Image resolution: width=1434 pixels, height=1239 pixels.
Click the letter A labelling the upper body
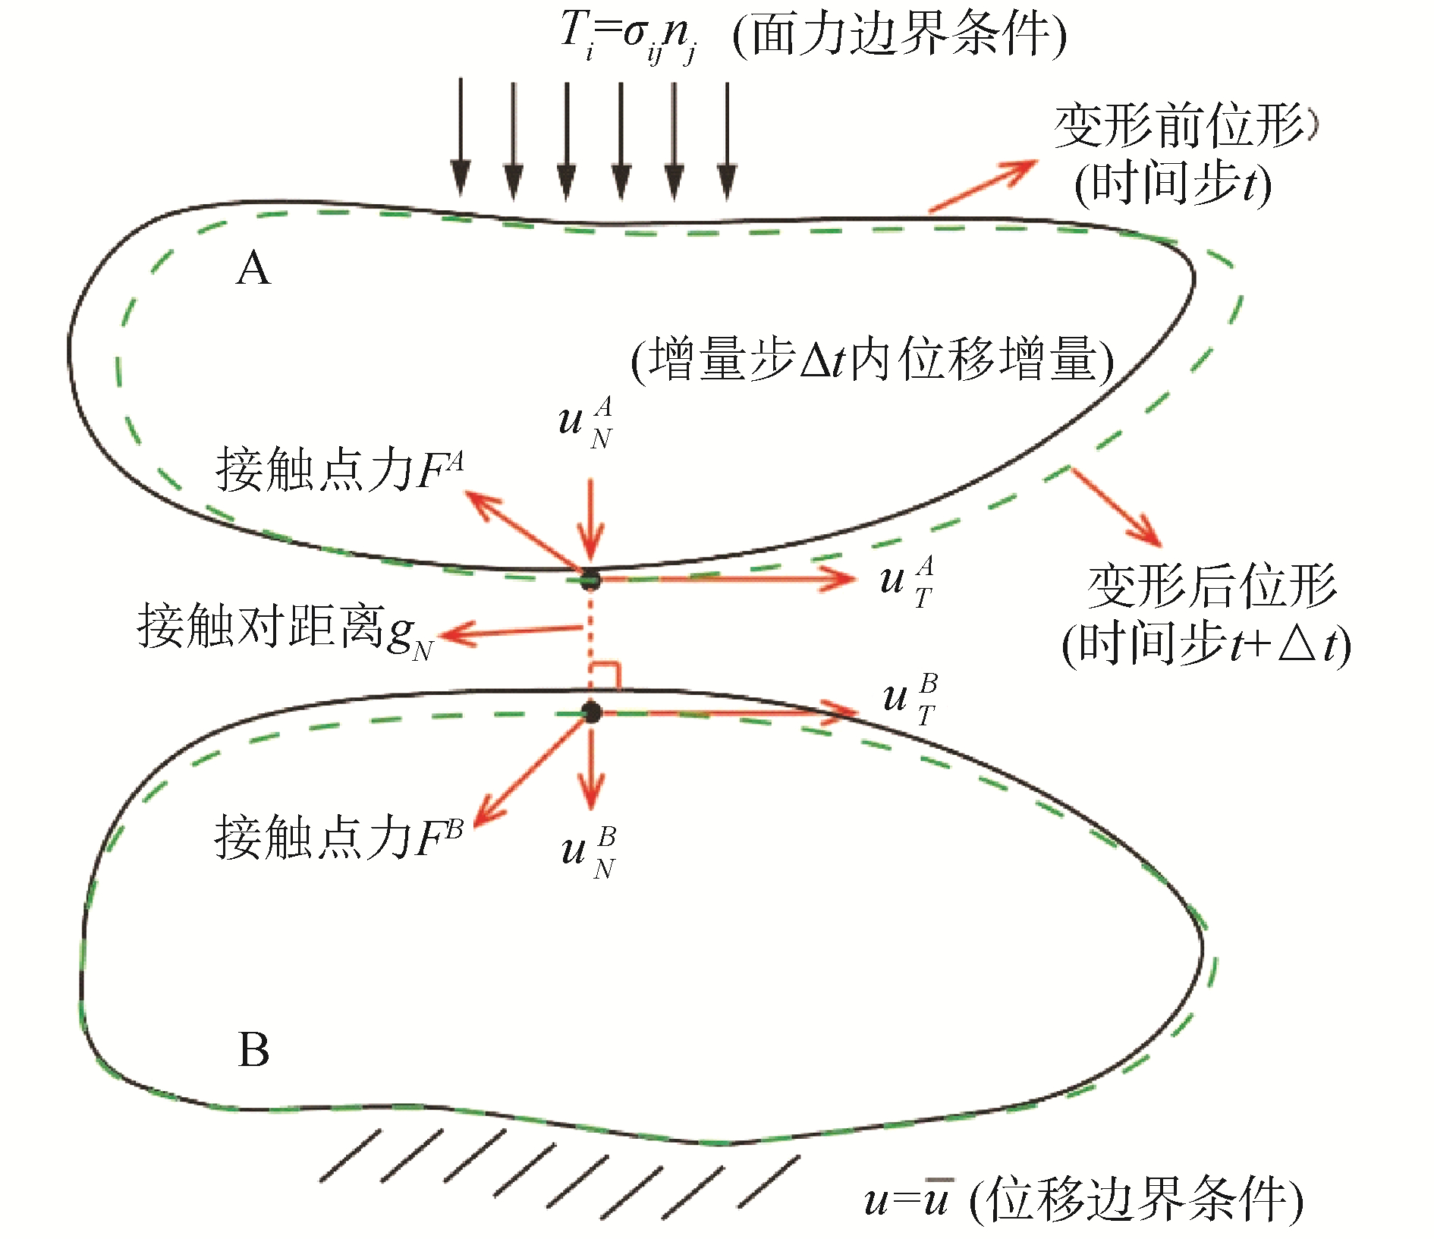pyautogui.click(x=253, y=269)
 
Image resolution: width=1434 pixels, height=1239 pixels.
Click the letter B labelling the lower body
pyautogui.click(x=253, y=1050)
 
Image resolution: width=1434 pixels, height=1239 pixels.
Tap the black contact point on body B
pyautogui.click(x=591, y=712)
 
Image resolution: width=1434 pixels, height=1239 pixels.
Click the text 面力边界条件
pyautogui.click(x=900, y=35)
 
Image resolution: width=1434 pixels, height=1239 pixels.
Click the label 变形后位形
pyautogui.click(x=1211, y=586)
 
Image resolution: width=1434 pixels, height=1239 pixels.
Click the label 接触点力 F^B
pyautogui.click(x=338, y=837)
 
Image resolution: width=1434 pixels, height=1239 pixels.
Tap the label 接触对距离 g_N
pyautogui.click(x=285, y=628)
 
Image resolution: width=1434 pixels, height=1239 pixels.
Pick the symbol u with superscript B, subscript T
pyautogui.click(x=909, y=699)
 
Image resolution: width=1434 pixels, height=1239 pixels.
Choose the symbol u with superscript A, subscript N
pyautogui.click(x=585, y=422)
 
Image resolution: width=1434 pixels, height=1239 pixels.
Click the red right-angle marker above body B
pyautogui.click(x=607, y=675)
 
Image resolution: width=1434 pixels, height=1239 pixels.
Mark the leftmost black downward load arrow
pyautogui.click(x=460, y=140)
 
